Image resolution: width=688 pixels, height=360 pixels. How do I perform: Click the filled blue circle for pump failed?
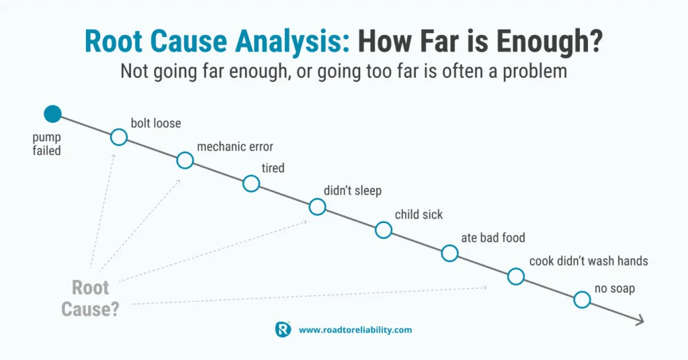52,114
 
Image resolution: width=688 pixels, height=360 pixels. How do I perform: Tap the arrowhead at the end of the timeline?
640,320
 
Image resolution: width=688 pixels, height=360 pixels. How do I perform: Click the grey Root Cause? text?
91,299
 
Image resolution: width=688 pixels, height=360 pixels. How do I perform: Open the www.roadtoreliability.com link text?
355,330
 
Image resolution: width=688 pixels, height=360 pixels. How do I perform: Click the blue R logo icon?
283,329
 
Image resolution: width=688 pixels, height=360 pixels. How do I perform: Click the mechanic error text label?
235,146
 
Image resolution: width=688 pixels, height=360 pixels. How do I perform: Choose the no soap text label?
615,289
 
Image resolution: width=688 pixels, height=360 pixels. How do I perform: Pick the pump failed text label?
46,144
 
